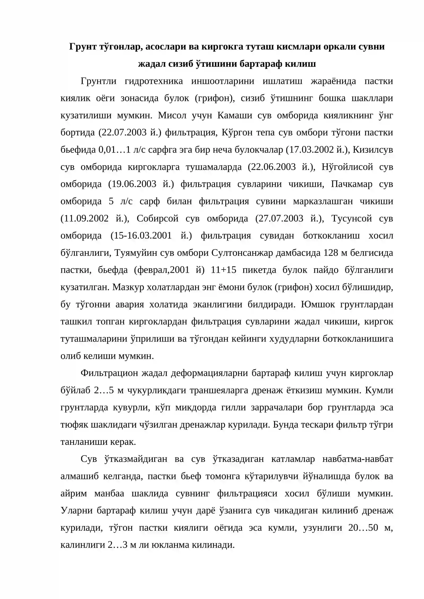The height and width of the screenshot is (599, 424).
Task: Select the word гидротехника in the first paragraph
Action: pyautogui.click(x=154, y=81)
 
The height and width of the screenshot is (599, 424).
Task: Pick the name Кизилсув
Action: pyautogui.click(x=373, y=150)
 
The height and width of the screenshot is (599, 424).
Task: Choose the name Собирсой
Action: pyautogui.click(x=158, y=219)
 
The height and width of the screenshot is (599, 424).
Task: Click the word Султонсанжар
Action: pyautogui.click(x=242, y=253)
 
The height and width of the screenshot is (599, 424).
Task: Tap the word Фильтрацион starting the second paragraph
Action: pyautogui.click(x=109, y=374)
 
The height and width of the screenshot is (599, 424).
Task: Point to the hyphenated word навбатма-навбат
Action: pyautogui.click(x=358, y=460)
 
